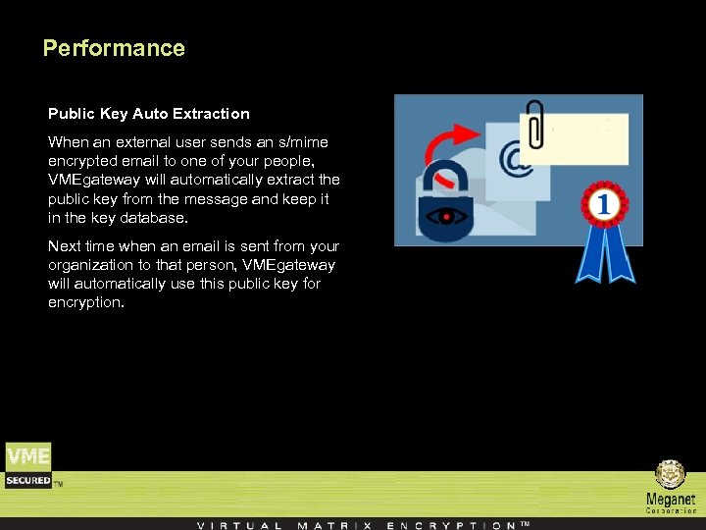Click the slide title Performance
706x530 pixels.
114,48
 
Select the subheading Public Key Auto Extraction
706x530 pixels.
149,114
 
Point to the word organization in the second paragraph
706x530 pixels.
94,265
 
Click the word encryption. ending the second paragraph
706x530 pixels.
86,302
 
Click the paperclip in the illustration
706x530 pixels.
534,123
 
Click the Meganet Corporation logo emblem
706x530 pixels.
671,475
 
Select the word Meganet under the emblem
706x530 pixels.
671,500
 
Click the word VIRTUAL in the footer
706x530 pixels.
240,525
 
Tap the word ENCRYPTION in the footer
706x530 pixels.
451,525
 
